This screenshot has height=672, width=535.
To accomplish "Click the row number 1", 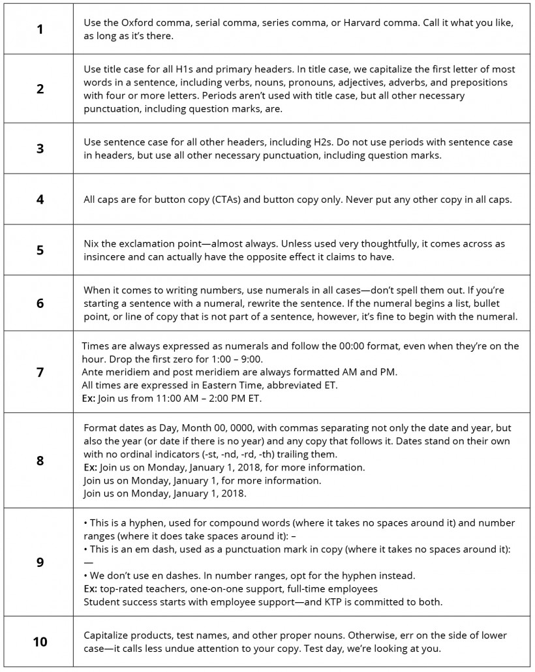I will tap(40, 29).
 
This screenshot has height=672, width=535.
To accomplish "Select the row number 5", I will tap(40, 250).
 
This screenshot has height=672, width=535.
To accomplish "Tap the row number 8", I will tap(40, 460).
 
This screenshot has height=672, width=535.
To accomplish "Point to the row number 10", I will tap(40, 641).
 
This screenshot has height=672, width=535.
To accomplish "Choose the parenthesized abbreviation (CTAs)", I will tap(221, 200).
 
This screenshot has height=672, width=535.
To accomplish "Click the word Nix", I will tap(92, 243).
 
